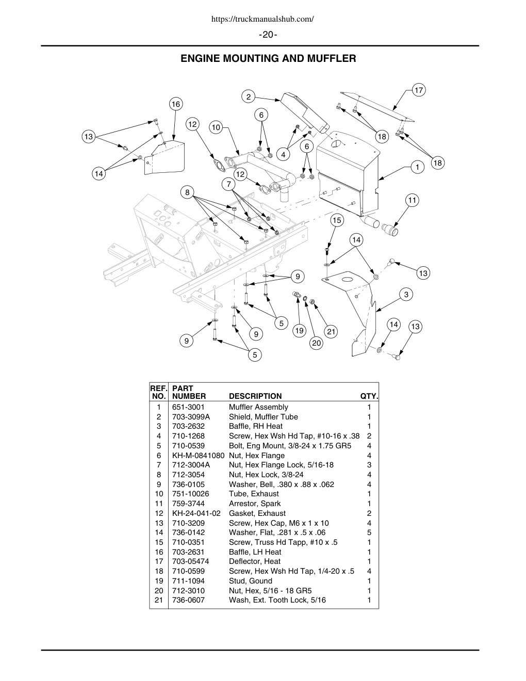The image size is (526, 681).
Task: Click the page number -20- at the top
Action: pyautogui.click(x=268, y=35)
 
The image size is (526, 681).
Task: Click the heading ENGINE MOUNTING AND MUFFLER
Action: pyautogui.click(x=268, y=59)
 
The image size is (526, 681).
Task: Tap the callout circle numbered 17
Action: pyautogui.click(x=419, y=90)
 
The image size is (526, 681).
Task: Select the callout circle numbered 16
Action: pyautogui.click(x=176, y=104)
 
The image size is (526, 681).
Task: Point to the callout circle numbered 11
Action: pyautogui.click(x=412, y=200)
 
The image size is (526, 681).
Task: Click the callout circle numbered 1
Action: pyautogui.click(x=417, y=167)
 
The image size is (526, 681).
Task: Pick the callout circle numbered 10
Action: pyautogui.click(x=216, y=127)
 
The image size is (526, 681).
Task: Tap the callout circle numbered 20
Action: pyautogui.click(x=317, y=343)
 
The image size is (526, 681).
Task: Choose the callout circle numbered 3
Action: pyautogui.click(x=406, y=295)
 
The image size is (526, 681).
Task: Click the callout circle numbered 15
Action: pyautogui.click(x=337, y=220)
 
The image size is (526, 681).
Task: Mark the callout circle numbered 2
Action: pyautogui.click(x=249, y=96)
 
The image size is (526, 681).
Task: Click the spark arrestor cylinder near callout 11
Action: pyautogui.click(x=389, y=230)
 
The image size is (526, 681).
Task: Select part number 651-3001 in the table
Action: pyautogui.click(x=188, y=407)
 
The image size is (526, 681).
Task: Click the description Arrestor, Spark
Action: pyautogui.click(x=255, y=504)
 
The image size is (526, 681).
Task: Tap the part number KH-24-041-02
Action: pyautogui.click(x=196, y=513)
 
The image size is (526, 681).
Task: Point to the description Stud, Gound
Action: pyautogui.click(x=251, y=581)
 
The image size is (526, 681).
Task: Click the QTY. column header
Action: pyautogui.click(x=369, y=396)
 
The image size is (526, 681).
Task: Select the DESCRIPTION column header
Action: pyautogui.click(x=255, y=396)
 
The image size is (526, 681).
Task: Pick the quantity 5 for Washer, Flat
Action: pyautogui.click(x=369, y=532)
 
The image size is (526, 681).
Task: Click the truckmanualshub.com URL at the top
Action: pyautogui.click(x=263, y=19)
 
